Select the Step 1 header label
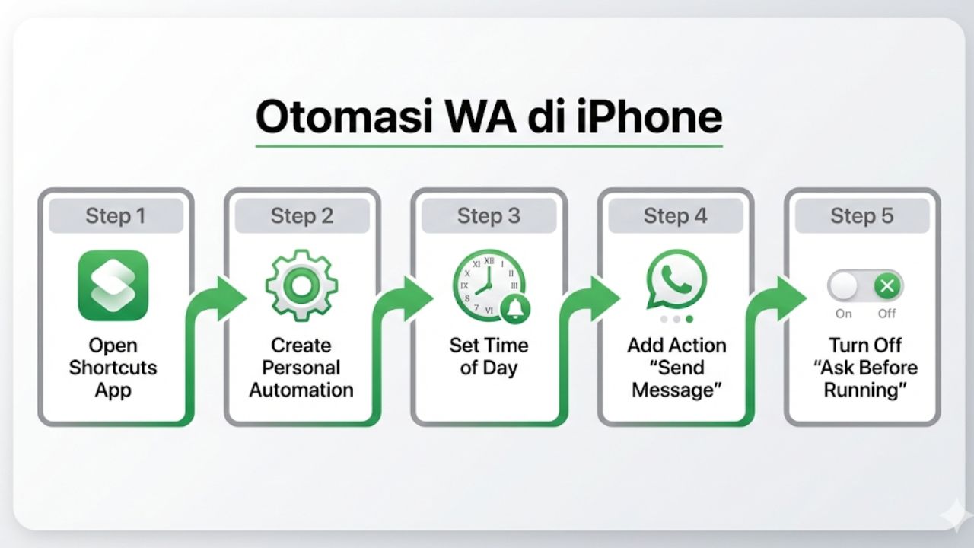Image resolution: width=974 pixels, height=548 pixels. click(x=115, y=216)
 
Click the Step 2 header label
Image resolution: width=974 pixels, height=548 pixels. click(x=302, y=216)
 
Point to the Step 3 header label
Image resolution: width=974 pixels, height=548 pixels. click(x=489, y=216)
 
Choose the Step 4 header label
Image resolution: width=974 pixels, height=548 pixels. click(x=676, y=216)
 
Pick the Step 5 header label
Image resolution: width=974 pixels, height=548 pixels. click(x=862, y=216)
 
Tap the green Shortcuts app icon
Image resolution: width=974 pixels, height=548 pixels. click(x=113, y=285)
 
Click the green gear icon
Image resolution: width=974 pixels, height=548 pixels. click(x=301, y=285)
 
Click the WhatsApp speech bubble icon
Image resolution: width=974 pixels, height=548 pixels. click(x=676, y=279)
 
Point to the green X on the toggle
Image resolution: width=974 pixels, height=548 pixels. click(x=886, y=286)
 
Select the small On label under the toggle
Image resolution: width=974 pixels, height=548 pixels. click(x=844, y=314)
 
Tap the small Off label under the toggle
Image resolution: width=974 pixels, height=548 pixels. click(x=886, y=314)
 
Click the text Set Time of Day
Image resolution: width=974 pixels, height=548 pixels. click(x=489, y=356)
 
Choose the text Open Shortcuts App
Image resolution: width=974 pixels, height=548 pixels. click(x=113, y=368)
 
